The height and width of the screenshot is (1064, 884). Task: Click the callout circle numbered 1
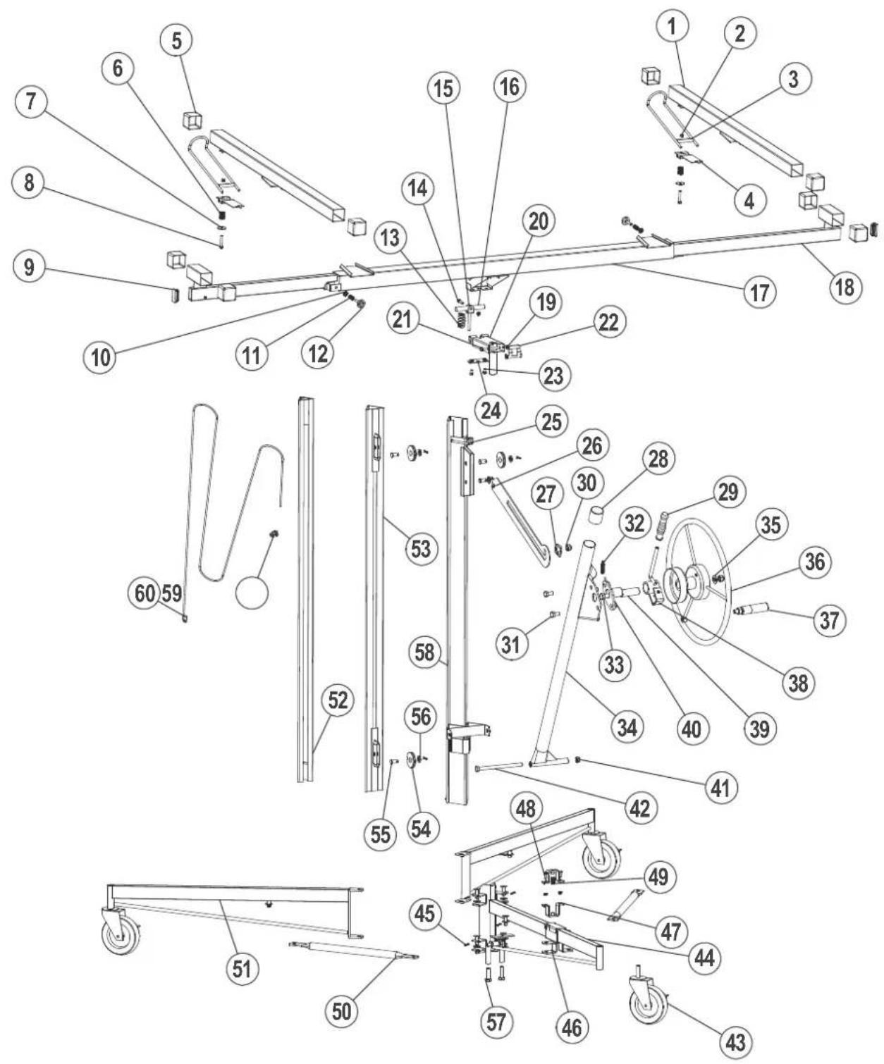point(673,26)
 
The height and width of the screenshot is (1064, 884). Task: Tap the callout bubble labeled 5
point(176,40)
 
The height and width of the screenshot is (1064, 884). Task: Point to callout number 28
point(658,459)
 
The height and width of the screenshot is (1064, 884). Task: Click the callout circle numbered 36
point(815,562)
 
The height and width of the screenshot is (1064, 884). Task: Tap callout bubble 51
point(242,968)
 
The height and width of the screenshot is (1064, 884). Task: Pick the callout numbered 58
point(424,652)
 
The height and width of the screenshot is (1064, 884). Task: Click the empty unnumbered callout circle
point(252,593)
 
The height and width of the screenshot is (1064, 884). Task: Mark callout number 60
point(145,593)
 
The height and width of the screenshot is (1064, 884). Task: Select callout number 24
point(491,410)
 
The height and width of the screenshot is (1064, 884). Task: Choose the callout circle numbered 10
point(100,357)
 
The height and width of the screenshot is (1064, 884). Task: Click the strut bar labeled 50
point(353,951)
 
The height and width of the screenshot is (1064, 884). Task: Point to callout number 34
point(627,727)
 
